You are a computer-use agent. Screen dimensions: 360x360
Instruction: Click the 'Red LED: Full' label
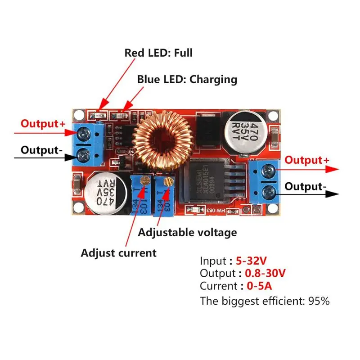tap(158, 53)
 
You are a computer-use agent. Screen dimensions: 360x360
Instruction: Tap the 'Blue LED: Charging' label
tap(187, 80)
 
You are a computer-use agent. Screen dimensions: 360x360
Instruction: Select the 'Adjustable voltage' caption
tap(187, 233)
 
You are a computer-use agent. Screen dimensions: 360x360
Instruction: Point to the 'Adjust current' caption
tap(119, 253)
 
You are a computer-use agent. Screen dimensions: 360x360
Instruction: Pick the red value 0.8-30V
tap(265, 273)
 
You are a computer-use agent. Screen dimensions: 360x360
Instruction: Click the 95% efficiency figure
tap(319, 301)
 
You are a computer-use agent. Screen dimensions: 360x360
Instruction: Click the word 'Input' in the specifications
tap(213, 261)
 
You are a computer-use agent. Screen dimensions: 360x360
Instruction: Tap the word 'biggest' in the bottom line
tap(239, 301)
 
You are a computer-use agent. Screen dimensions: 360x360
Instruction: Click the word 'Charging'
tap(213, 80)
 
